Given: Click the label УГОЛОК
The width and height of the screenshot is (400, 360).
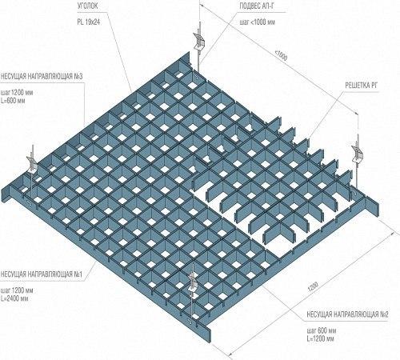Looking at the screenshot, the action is [87, 6].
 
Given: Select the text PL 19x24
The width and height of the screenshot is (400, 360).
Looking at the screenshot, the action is [89, 22].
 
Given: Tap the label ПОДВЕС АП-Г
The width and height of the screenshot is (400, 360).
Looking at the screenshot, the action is [257, 6].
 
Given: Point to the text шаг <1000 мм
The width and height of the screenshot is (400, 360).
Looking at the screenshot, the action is [258, 22].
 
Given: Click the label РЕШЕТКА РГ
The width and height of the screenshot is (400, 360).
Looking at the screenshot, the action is [362, 86].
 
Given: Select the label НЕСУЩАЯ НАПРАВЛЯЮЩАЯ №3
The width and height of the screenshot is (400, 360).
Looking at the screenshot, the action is [42, 77].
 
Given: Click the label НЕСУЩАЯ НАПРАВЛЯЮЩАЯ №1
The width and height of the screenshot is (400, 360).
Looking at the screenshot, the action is [42, 274].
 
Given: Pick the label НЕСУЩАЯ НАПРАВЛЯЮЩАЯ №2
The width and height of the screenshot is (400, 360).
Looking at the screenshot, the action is [347, 314].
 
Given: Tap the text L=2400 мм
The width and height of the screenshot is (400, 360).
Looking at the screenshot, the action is [14, 298].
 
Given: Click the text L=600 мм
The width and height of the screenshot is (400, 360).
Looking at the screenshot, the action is [13, 101].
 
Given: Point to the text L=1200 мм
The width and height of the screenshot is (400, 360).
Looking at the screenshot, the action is [320, 339].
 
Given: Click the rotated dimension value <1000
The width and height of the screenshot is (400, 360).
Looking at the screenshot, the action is [281, 56].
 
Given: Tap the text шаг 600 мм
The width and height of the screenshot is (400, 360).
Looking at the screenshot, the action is [322, 330].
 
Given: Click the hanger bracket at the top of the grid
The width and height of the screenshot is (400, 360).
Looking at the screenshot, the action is [198, 42].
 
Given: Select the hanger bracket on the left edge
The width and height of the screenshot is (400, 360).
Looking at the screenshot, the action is [32, 162].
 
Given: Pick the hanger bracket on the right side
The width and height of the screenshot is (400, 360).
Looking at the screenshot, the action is [357, 154].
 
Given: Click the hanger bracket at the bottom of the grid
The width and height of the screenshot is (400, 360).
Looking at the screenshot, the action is [193, 284].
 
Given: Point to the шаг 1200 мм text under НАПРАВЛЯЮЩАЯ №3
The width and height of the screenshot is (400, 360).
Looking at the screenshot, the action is [17, 93].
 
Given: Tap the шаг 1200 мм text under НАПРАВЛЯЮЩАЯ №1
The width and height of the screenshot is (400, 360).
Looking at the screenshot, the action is [17, 290].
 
